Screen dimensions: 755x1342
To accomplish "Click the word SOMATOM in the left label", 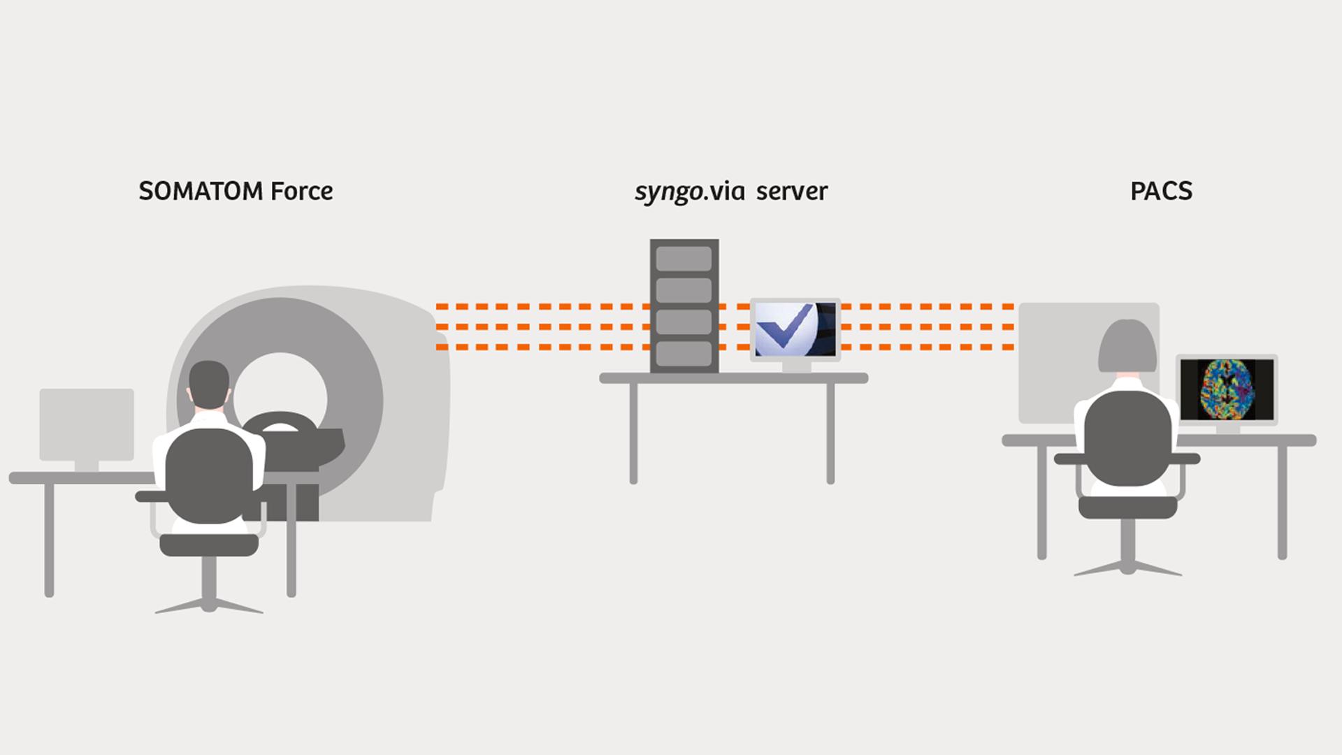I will (x=201, y=191).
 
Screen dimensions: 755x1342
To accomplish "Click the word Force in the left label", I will (x=302, y=191).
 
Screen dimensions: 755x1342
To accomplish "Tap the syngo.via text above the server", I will (x=689, y=192).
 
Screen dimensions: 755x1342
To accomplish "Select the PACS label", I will (x=1161, y=191).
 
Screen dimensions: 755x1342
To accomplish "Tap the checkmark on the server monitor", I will (x=786, y=329).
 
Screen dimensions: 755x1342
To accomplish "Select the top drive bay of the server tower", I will (x=684, y=259).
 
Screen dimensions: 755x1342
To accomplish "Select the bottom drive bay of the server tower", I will (x=684, y=354).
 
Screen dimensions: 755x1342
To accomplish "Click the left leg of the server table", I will (x=633, y=433).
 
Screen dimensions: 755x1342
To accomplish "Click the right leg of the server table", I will (x=830, y=433).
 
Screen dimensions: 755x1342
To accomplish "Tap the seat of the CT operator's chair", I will (x=209, y=545).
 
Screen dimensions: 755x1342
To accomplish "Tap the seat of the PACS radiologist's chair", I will (x=1127, y=507).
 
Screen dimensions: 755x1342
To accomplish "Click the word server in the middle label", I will (x=792, y=192).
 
